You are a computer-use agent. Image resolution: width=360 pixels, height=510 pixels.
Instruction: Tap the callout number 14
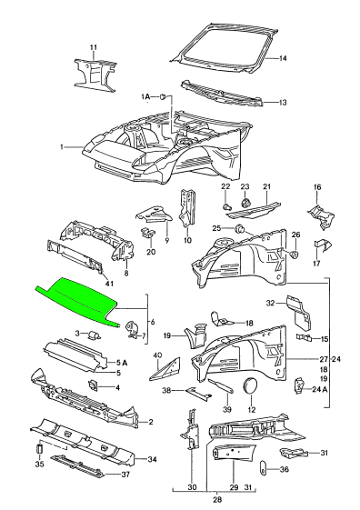[x=283, y=58]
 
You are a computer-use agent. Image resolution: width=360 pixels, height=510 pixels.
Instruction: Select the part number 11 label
[x=94, y=47]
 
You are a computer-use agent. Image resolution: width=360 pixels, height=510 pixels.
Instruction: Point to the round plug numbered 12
[x=250, y=385]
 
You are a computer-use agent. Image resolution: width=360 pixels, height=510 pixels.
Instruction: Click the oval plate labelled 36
[x=263, y=469]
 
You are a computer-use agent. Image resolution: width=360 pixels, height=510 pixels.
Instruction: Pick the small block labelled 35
[x=39, y=448]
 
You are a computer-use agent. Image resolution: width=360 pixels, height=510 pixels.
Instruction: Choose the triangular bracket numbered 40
[x=165, y=369]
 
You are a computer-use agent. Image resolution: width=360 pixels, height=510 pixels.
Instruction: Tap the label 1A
[x=146, y=96]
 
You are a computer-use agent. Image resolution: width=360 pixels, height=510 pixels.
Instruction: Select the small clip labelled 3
[x=95, y=335]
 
